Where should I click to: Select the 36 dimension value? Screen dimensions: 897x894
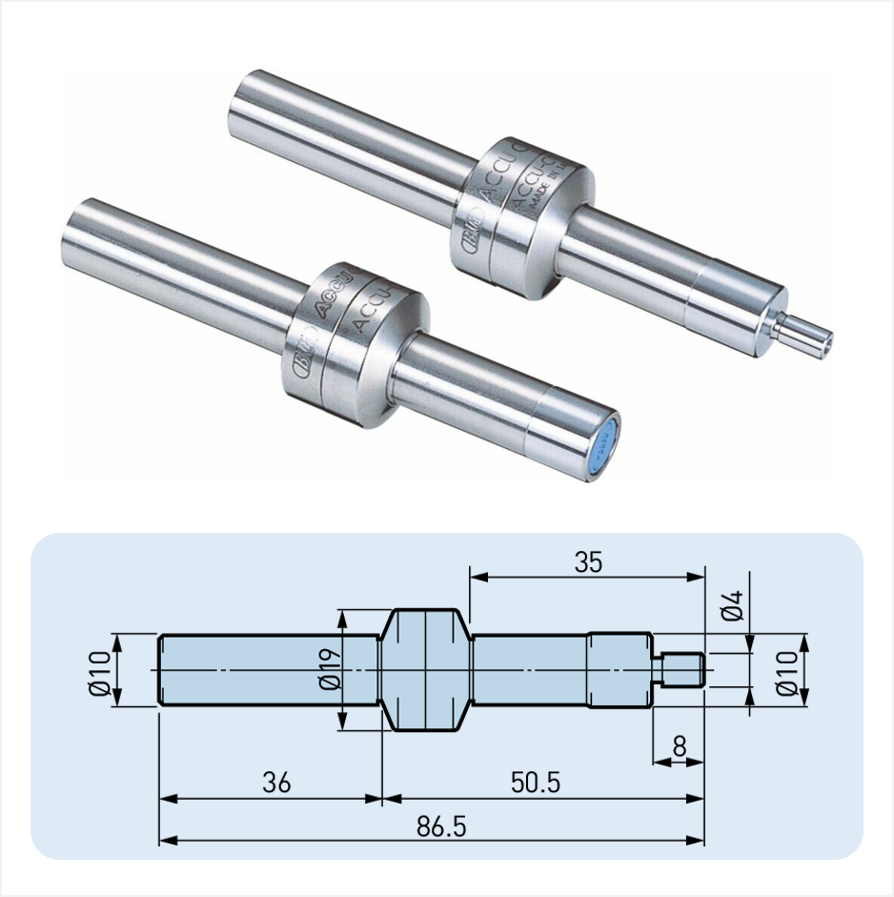pyautogui.click(x=274, y=783)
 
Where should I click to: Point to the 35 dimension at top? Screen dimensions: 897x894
pyautogui.click(x=588, y=561)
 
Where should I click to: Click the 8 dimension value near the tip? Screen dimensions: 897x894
pyautogui.click(x=679, y=746)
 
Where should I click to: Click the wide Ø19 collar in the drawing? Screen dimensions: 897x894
pyautogui.click(x=426, y=670)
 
